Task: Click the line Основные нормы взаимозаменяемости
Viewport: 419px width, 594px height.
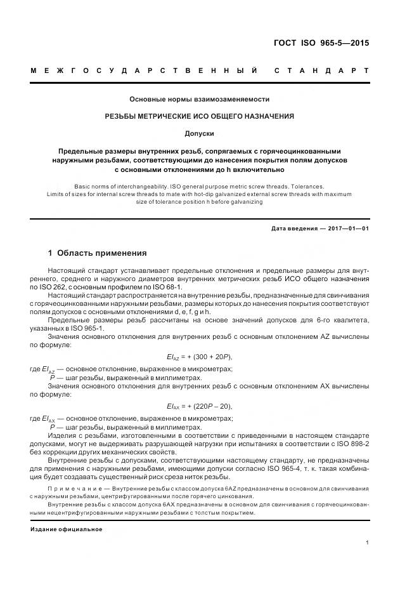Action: (x=200, y=99)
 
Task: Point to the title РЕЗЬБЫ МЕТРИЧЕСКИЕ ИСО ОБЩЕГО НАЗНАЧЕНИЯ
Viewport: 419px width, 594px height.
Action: (x=200, y=116)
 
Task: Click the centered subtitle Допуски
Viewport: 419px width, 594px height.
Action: (x=200, y=134)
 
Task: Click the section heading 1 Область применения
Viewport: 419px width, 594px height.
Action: (x=98, y=253)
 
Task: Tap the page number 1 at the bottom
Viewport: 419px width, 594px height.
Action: (x=368, y=543)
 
